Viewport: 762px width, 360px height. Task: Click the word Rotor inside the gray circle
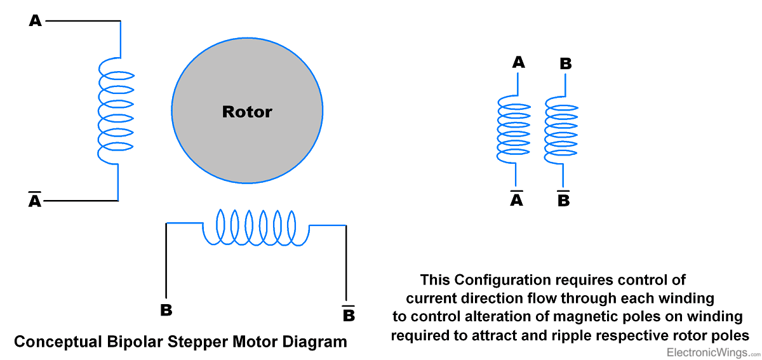coord(247,112)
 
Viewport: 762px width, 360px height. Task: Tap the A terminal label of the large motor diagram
coord(36,21)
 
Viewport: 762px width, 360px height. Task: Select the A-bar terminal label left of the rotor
coord(36,201)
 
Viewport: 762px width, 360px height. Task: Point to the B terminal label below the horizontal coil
coord(166,310)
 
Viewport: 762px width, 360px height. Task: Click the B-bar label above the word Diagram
coord(348,314)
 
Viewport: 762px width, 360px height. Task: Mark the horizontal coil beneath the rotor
coord(255,227)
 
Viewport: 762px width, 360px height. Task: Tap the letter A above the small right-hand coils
coord(518,62)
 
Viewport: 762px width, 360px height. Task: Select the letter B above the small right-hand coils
coord(565,63)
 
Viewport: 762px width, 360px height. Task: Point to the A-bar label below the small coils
coord(517,199)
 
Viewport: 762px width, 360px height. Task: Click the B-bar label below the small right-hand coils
coord(563,199)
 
